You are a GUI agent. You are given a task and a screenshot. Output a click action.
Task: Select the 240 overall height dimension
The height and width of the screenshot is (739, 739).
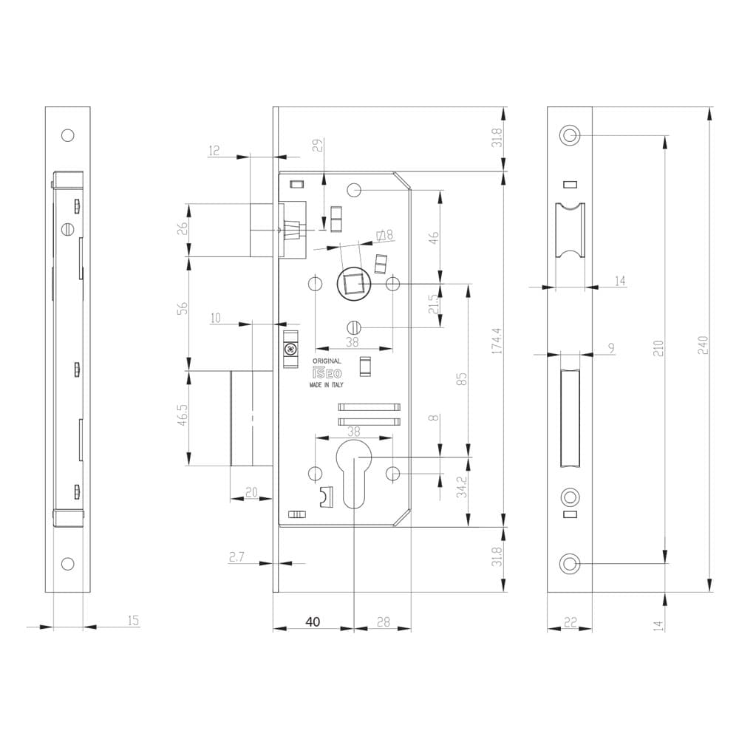[x=702, y=345]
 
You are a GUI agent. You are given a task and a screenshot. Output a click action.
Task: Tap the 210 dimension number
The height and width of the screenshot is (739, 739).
[x=658, y=348]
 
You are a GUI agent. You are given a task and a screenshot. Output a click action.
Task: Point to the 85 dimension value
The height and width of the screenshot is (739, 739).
[x=462, y=379]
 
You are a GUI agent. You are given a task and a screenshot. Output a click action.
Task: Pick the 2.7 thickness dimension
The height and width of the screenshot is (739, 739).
[x=236, y=557]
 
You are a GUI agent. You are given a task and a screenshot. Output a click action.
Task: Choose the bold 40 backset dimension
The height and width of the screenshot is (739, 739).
[x=313, y=621]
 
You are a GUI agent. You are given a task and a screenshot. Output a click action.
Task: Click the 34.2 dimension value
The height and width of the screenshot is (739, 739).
[x=462, y=487]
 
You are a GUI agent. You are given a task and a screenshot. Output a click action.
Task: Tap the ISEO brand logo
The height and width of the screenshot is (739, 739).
[x=327, y=373]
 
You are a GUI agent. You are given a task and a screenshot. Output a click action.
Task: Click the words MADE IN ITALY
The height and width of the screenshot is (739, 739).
[x=326, y=385]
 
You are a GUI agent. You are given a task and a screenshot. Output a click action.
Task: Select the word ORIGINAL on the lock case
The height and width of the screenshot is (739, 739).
[x=327, y=361]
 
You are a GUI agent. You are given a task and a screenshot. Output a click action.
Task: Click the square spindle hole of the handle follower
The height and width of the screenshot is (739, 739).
[x=352, y=285]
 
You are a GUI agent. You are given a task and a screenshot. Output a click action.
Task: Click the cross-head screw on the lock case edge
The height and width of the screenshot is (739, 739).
[x=290, y=350]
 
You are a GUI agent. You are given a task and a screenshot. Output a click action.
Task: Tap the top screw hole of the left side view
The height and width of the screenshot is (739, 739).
[x=68, y=136]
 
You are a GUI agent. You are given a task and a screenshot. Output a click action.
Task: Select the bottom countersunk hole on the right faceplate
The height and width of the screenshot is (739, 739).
[x=570, y=564]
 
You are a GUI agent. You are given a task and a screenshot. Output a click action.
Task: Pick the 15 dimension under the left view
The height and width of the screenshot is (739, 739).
[x=133, y=620]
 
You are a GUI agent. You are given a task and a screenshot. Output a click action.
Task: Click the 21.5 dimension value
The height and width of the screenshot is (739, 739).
[x=434, y=304]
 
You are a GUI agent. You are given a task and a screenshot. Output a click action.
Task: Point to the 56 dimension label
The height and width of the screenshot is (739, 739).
[x=183, y=308]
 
